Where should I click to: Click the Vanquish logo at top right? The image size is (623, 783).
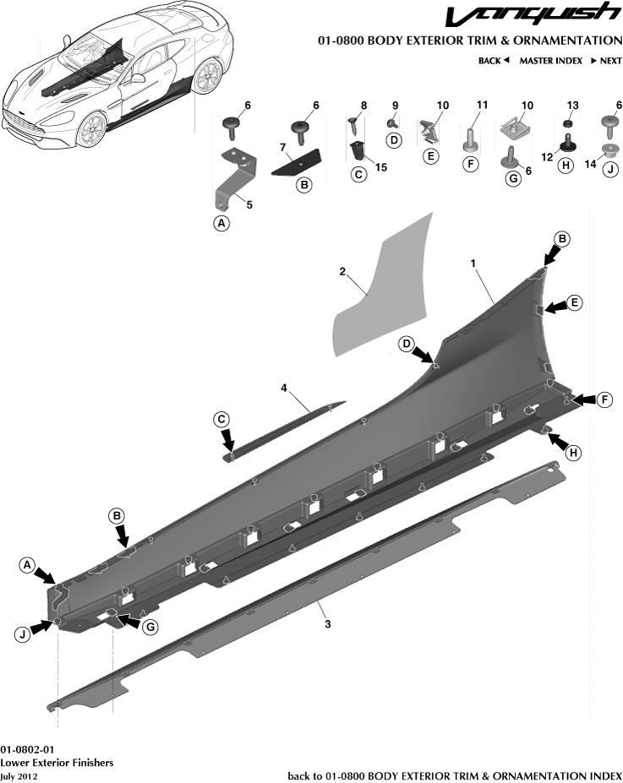(x=533, y=14)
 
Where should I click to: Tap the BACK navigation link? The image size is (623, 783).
(x=493, y=61)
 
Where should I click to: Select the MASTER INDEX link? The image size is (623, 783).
(x=550, y=61)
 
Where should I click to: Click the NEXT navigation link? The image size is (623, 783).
(x=606, y=61)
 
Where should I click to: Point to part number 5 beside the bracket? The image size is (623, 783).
(x=249, y=204)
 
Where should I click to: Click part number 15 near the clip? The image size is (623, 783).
(x=380, y=167)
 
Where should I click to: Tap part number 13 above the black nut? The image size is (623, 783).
(x=572, y=106)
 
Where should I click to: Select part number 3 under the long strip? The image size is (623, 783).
(x=328, y=623)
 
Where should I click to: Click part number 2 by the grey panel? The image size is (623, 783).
(x=342, y=272)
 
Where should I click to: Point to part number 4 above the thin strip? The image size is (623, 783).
(x=284, y=388)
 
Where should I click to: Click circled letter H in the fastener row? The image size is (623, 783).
(x=565, y=166)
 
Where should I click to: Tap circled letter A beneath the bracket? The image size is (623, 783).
(x=221, y=223)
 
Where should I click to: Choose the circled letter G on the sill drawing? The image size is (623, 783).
(x=150, y=628)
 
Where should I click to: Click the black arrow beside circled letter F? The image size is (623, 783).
(x=584, y=400)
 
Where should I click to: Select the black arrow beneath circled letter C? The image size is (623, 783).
(x=228, y=440)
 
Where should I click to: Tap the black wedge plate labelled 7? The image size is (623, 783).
(x=297, y=161)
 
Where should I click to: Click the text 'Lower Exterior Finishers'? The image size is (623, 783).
(x=57, y=763)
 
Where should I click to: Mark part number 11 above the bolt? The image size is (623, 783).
(x=482, y=105)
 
